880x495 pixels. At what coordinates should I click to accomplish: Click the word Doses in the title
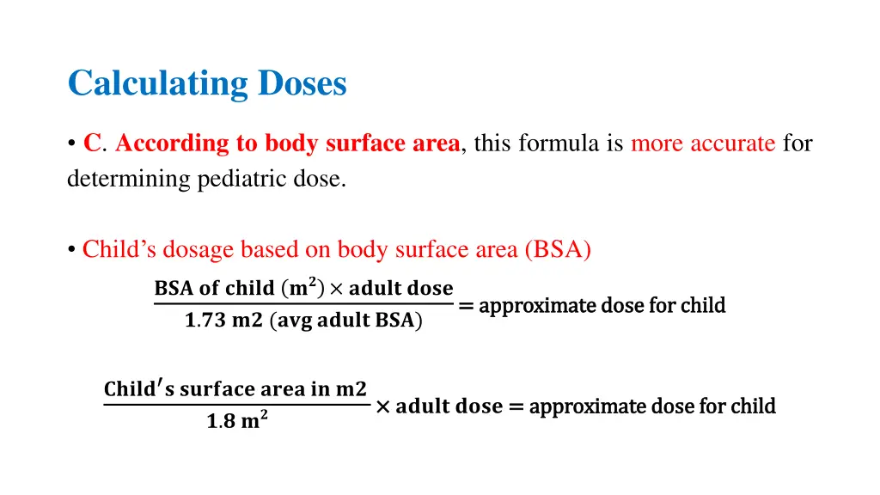coord(302,83)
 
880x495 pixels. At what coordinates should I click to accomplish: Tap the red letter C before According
coord(92,144)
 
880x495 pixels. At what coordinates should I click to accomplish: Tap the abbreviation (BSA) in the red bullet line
coord(558,249)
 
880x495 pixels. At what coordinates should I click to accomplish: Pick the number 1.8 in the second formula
coord(218,423)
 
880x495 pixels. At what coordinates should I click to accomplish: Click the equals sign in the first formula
coord(467,305)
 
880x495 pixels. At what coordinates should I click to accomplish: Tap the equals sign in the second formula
coord(516,406)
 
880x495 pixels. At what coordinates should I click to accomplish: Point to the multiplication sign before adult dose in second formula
coord(382,406)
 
